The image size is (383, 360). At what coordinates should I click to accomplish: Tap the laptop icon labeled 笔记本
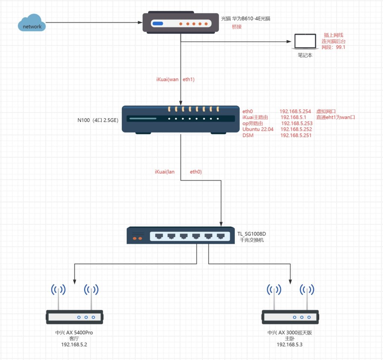pyautogui.click(x=304, y=41)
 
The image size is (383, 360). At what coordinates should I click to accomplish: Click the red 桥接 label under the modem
pyautogui.click(x=237, y=27)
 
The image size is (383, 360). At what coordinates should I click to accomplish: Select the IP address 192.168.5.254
pyautogui.click(x=295, y=111)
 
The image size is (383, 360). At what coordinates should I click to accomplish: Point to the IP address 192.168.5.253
pyautogui.click(x=296, y=123)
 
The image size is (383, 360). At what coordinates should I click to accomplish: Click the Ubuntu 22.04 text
pyautogui.click(x=258, y=129)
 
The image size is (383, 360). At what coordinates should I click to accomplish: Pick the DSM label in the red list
pyautogui.click(x=248, y=135)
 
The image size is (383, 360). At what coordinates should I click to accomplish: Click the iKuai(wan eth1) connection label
pyautogui.click(x=175, y=80)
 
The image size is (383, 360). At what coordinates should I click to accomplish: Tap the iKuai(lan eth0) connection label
pyautogui.click(x=178, y=172)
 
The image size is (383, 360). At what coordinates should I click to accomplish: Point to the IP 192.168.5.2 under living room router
pyautogui.click(x=74, y=344)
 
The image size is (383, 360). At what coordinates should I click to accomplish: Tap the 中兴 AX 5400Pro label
pyautogui.click(x=74, y=332)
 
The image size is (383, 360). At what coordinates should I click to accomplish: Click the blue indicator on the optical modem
pyautogui.click(x=157, y=24)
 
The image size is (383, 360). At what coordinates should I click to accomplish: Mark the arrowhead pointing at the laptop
pyautogui.click(x=289, y=42)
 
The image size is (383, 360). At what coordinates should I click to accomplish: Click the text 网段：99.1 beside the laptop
pyautogui.click(x=333, y=47)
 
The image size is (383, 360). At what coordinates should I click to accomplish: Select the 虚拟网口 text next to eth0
pyautogui.click(x=326, y=111)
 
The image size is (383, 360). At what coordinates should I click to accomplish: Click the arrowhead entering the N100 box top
pyautogui.click(x=181, y=103)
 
